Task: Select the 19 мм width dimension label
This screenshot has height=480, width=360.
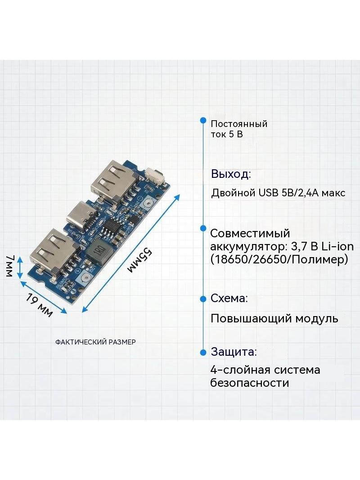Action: point(39,305)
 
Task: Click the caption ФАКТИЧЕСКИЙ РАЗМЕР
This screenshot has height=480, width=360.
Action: point(95,342)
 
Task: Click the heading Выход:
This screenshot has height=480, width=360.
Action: point(231,174)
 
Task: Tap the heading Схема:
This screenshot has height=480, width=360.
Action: point(229,298)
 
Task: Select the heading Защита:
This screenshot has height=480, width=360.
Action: point(234,352)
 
